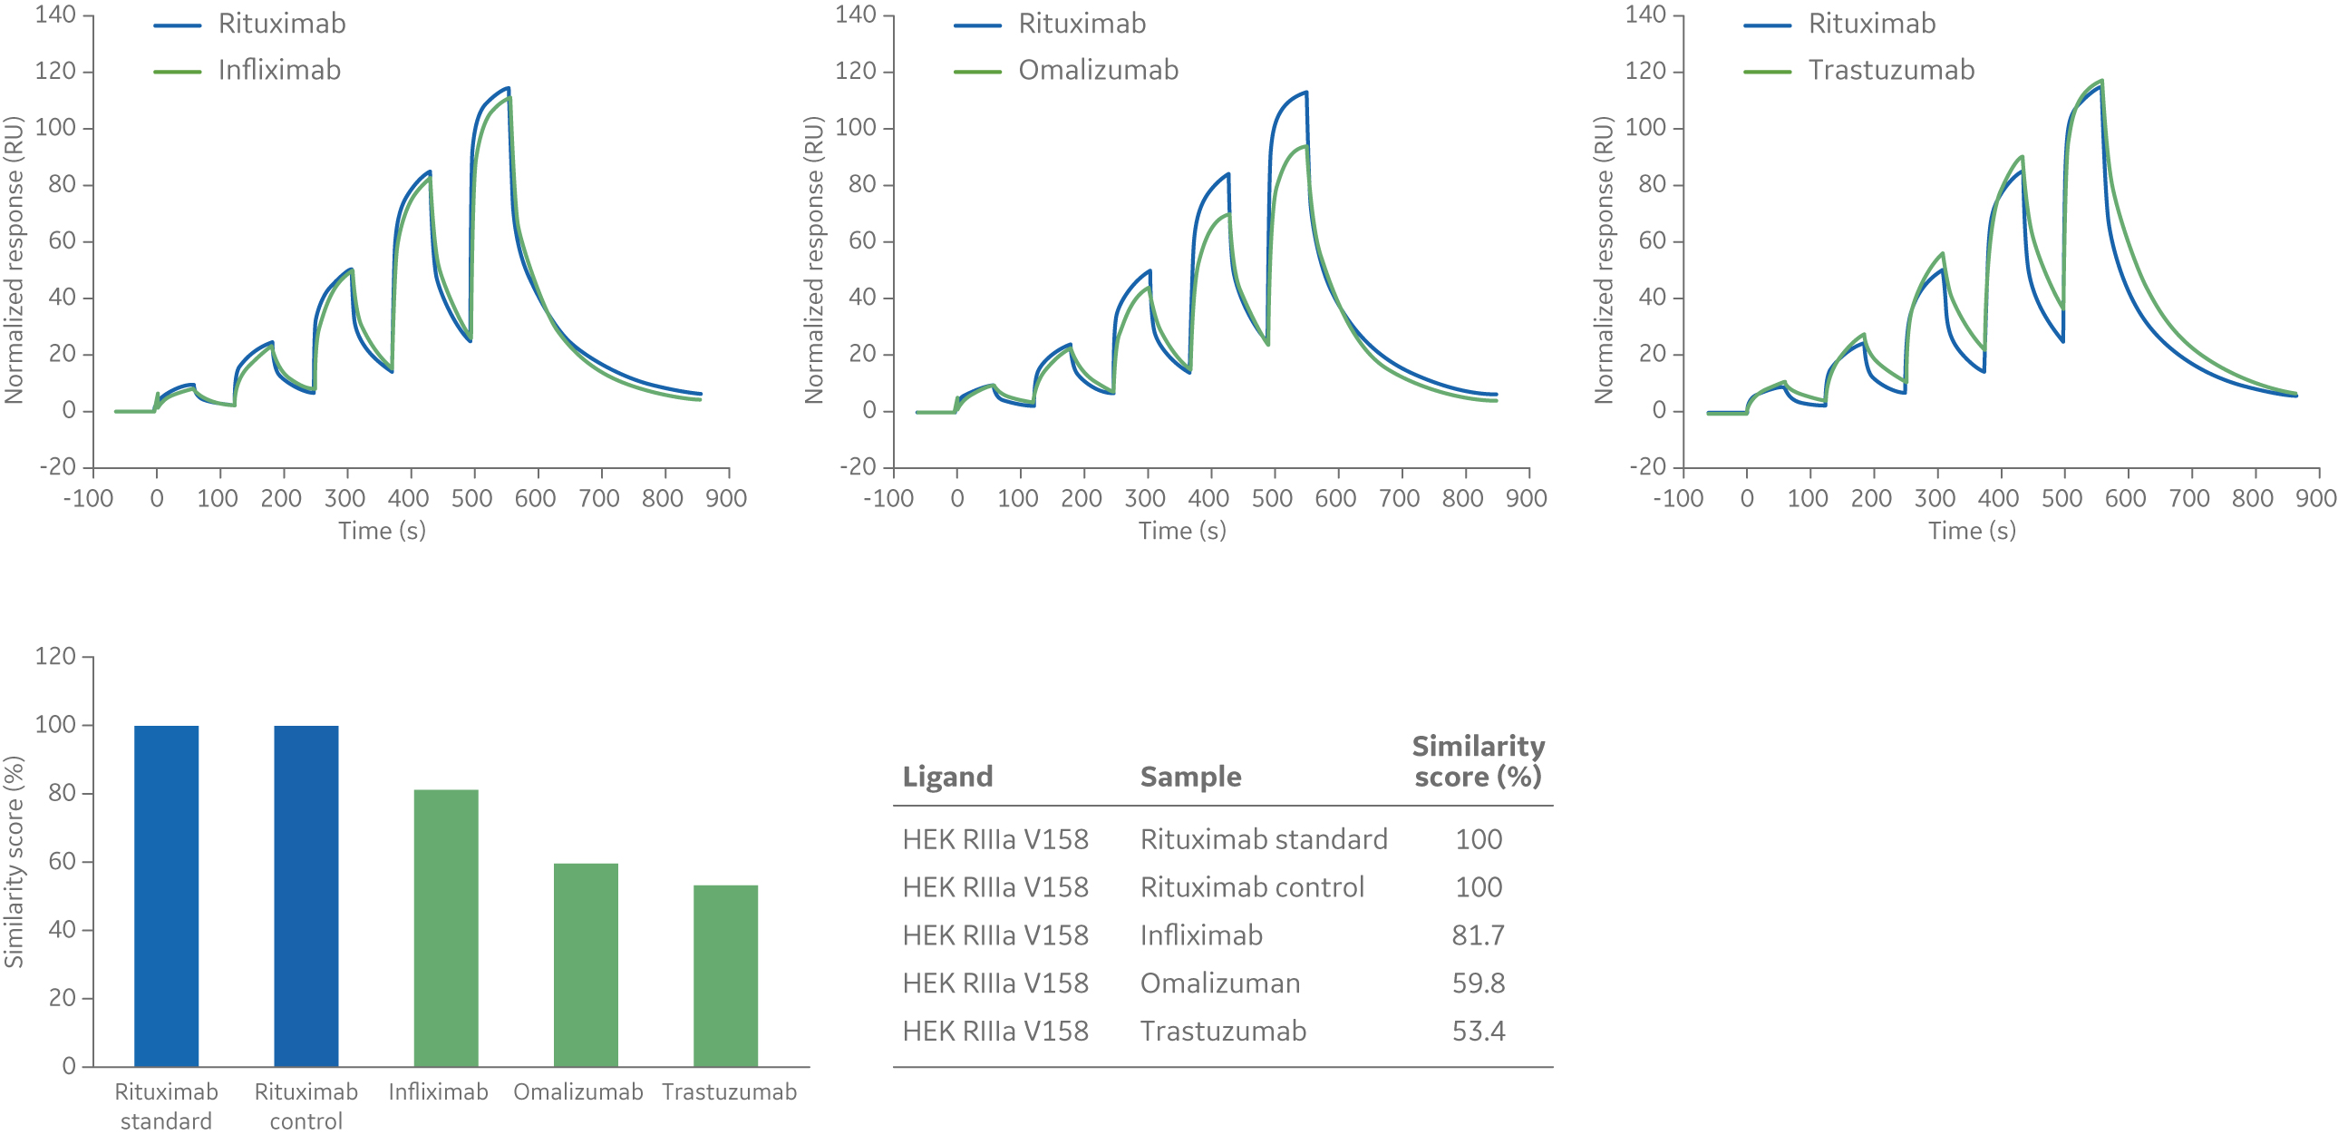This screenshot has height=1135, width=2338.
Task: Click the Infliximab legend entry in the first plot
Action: [278, 70]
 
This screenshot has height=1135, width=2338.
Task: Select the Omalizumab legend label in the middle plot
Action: [1097, 70]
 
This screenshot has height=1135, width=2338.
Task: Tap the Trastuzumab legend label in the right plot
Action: [1890, 70]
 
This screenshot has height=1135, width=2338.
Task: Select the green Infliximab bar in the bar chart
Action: [446, 927]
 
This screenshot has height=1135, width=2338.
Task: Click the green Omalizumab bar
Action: [586, 964]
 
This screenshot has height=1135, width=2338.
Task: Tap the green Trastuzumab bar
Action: [725, 975]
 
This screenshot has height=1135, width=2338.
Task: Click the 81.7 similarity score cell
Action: [1478, 935]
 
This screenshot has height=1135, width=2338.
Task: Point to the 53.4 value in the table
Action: [1478, 1032]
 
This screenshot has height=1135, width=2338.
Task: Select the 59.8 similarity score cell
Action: [1478, 983]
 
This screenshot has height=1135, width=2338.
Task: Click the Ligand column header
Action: [946, 778]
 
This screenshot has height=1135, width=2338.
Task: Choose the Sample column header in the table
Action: [1190, 778]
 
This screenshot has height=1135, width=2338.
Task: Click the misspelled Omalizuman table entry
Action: [1220, 983]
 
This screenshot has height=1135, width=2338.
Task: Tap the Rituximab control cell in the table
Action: [1252, 887]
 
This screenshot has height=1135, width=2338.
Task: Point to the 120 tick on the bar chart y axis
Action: [55, 657]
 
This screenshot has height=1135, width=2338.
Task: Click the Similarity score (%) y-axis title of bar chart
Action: [14, 861]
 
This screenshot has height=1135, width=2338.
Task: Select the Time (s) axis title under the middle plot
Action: [1182, 531]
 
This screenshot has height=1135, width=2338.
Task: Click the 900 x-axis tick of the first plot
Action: [726, 498]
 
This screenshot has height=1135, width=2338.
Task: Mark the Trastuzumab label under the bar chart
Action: [729, 1092]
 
